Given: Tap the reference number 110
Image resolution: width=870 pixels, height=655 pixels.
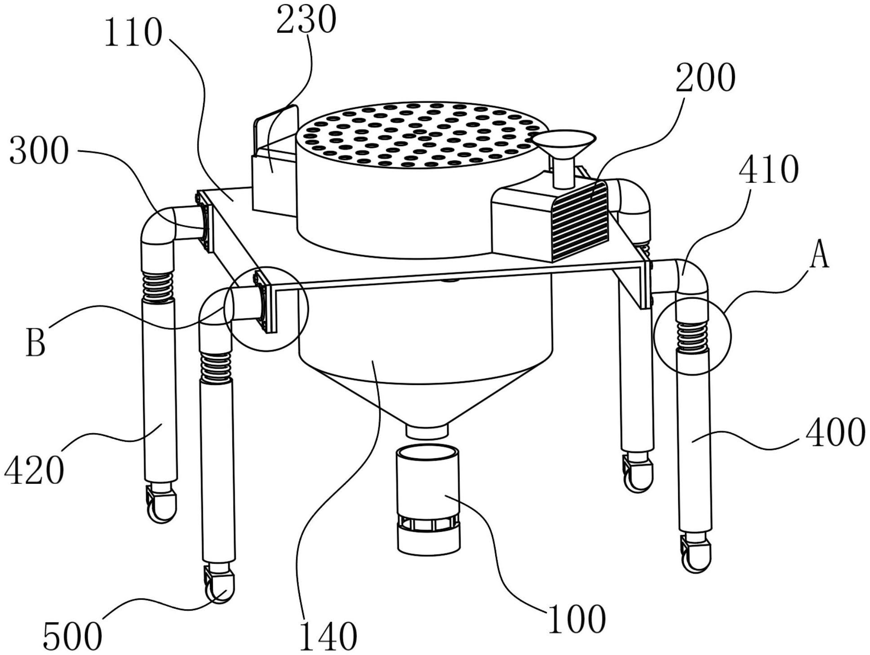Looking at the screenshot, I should coord(133,34).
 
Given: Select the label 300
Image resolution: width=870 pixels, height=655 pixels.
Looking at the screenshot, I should coord(39,152).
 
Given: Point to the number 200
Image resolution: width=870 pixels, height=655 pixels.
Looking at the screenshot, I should coord(706,78).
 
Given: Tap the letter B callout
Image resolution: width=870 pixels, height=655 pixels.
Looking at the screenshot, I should coord(36,343).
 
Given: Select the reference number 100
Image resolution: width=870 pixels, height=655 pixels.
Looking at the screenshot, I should coord(577,620).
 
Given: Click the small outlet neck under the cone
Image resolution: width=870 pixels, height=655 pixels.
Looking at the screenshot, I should coord(427,431).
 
